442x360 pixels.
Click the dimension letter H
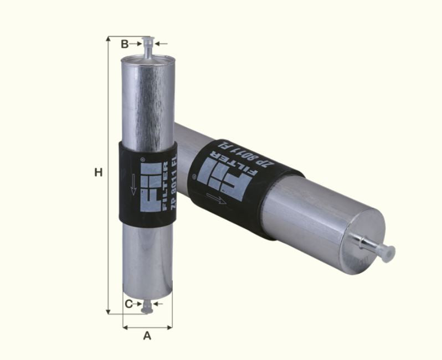pos(98,173)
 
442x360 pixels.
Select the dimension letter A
pos(147,336)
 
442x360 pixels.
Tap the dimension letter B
pos(125,44)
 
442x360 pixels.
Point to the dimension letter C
pos(129,304)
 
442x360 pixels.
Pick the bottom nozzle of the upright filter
pos(147,305)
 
